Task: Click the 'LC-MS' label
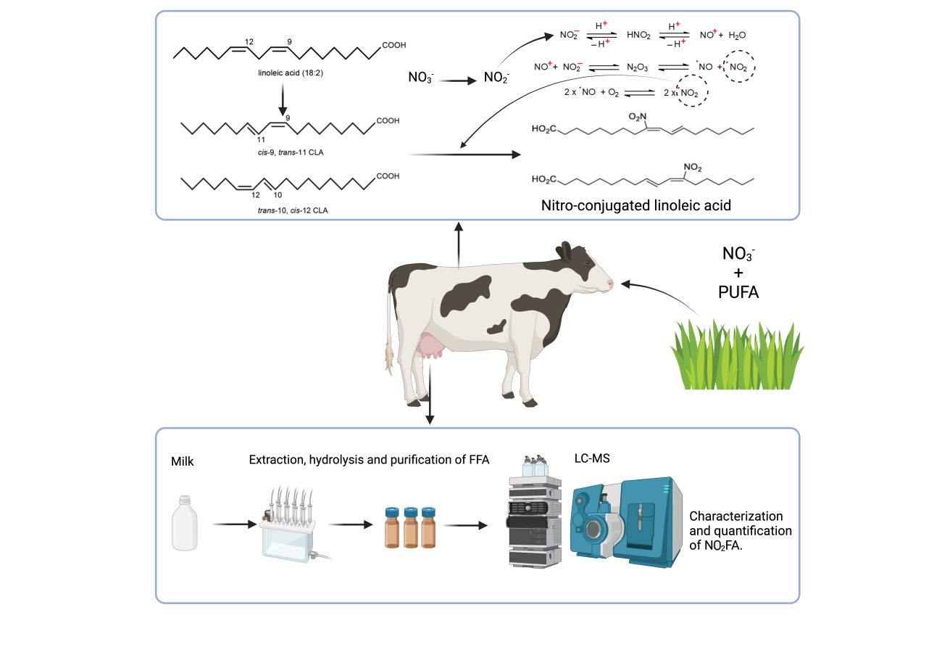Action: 585,460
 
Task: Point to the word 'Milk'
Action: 183,461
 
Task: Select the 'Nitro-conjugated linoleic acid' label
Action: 636,205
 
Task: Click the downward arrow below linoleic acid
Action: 282,97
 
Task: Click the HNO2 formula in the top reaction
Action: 640,34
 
